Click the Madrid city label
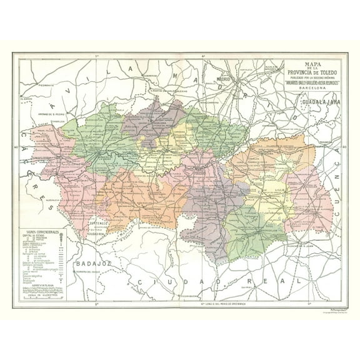(223, 79)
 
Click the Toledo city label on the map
(202, 170)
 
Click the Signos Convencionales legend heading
(42, 231)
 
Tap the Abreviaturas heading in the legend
(42, 282)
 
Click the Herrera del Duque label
(86, 271)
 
